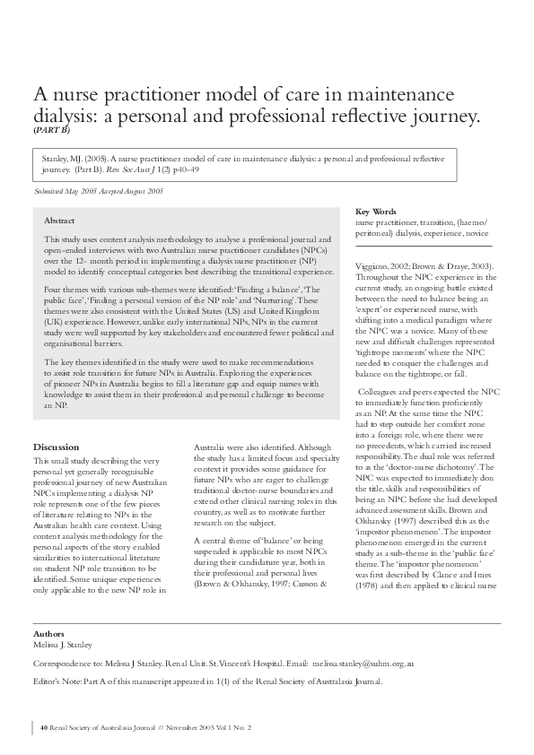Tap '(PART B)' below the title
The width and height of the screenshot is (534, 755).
click(51, 129)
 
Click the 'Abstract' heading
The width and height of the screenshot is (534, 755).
click(59, 220)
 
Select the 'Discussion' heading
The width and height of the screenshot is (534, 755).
click(56, 447)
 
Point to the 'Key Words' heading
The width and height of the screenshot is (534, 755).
click(376, 212)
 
